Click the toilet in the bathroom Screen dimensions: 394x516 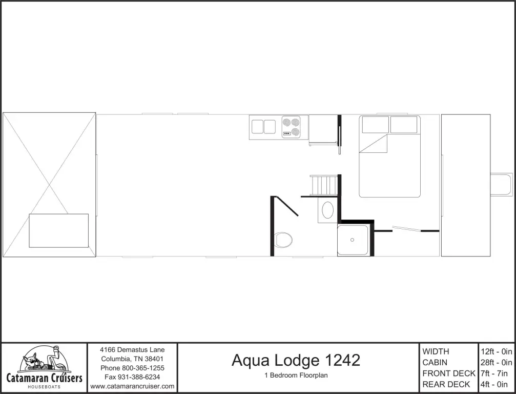283,239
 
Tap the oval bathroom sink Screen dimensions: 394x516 327,210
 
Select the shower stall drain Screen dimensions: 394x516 353,240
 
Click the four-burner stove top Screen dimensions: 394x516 294,127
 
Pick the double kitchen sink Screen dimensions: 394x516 264,127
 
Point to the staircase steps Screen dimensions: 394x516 324,185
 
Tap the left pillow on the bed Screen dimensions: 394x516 375,124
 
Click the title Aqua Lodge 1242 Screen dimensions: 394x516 296,360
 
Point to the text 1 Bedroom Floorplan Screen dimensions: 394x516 296,375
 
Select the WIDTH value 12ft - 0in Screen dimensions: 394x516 496,351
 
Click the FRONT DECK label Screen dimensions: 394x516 449,373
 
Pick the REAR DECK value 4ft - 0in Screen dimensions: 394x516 496,384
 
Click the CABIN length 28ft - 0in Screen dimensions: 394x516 496,363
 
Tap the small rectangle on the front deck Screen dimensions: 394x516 58,230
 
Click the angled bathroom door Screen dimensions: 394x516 287,206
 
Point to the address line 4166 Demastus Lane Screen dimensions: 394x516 132,350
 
